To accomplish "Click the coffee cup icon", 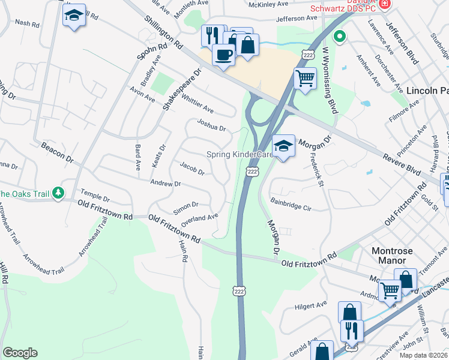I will click(x=223, y=55).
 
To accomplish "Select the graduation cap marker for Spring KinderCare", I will click(x=283, y=146).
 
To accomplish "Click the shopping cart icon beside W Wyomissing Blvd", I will click(x=305, y=77).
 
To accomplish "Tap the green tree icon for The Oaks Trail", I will click(x=58, y=193).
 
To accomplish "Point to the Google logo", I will click(x=20, y=353).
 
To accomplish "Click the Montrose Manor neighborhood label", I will click(x=390, y=255).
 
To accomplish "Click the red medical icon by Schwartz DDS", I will click(x=385, y=4).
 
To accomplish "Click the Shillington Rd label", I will click(x=163, y=32).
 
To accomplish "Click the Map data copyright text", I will click(x=423, y=355).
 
